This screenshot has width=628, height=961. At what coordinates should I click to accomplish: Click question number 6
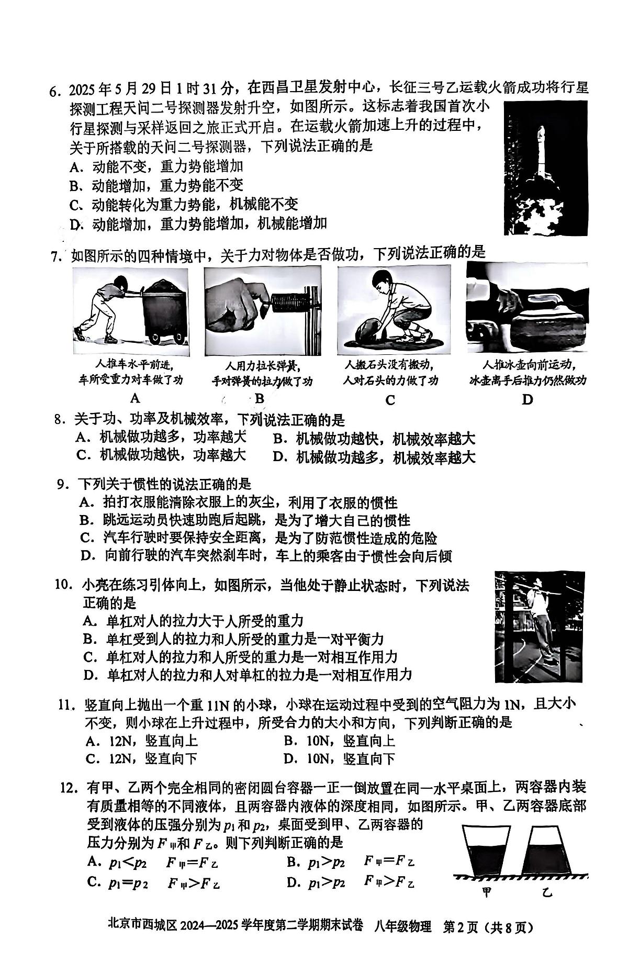pyautogui.click(x=55, y=90)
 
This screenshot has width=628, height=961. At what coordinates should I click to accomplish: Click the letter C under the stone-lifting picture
pyautogui.click(x=390, y=400)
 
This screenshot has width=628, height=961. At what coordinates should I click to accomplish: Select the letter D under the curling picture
pyautogui.click(x=527, y=400)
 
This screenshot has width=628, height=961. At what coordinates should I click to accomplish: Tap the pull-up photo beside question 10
pyautogui.click(x=539, y=627)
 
